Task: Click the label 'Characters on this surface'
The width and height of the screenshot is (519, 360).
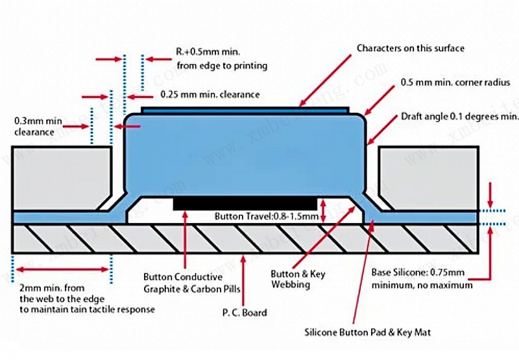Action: pos(411,48)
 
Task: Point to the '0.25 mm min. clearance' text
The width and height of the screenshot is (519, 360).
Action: pos(210,94)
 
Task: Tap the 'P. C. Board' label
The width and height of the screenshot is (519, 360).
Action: pos(244,313)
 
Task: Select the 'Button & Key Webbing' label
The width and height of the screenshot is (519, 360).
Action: pos(298,279)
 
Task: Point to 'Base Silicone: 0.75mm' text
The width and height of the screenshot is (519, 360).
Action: pos(418,272)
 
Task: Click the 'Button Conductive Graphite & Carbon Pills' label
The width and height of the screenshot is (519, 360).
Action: pos(184,282)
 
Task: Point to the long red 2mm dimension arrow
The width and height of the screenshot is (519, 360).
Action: pos(62,269)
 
